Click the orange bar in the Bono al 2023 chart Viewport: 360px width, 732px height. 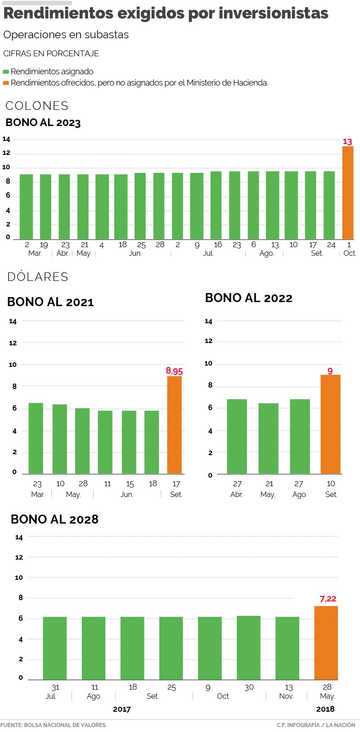point(348,193)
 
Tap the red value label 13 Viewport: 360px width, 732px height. point(347,142)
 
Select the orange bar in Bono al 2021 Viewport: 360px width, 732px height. point(175,425)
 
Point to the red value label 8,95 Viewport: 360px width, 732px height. point(174,371)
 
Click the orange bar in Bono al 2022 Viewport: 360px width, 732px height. point(330,424)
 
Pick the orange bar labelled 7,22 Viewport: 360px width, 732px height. point(326,642)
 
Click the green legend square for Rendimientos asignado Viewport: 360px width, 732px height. point(6,72)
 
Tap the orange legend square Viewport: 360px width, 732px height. point(6,83)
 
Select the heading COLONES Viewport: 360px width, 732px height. point(37,106)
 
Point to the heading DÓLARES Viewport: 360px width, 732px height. point(38,277)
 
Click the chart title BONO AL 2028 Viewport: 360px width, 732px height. point(54,519)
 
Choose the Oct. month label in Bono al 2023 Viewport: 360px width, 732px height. point(350,253)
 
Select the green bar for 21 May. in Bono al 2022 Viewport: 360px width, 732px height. point(269,438)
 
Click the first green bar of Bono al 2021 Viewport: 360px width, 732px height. point(36,438)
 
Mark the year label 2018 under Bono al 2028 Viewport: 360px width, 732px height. point(325,709)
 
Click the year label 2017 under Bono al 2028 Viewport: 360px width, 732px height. point(121,709)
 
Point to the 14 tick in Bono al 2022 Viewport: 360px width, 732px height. point(208,321)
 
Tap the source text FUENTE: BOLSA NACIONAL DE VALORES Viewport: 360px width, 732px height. point(54,725)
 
